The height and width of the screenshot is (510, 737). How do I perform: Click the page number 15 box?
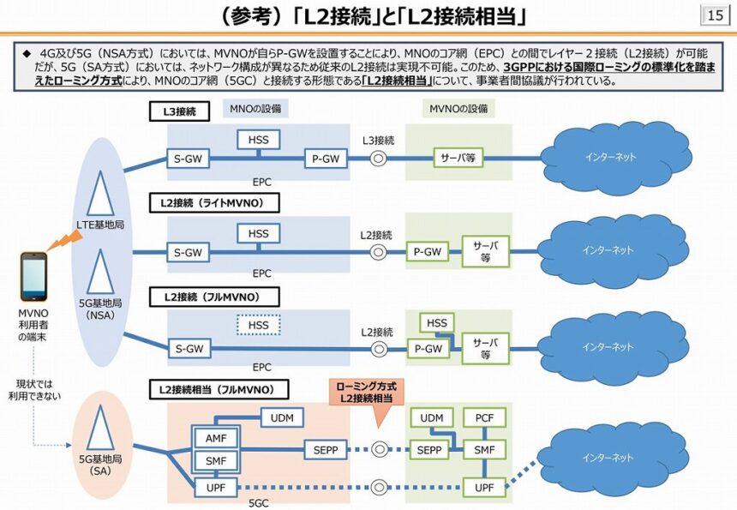[715, 15]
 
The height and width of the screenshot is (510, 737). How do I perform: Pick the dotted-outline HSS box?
[258, 326]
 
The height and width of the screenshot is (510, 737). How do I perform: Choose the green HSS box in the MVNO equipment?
[437, 322]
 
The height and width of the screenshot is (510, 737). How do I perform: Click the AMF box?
[213, 437]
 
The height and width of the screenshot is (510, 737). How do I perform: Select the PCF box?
[485, 417]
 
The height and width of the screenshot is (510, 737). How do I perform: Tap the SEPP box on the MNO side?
[325, 450]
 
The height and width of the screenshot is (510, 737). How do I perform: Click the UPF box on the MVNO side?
[485, 488]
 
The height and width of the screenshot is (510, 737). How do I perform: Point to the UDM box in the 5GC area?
[282, 417]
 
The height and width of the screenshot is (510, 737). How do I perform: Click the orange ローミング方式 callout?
[366, 393]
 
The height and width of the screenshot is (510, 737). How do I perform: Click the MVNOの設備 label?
[458, 109]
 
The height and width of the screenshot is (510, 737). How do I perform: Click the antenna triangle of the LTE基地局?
[101, 194]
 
